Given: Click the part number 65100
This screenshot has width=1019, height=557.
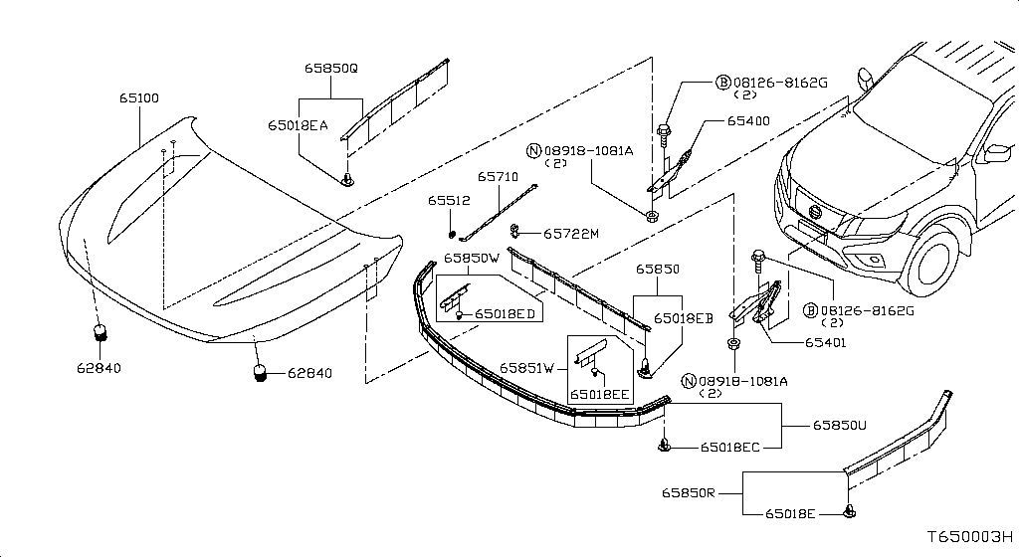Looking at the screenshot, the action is tap(139, 98).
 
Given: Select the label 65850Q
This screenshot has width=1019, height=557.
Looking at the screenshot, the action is tap(331, 69).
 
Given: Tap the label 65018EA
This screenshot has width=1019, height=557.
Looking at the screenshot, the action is tap(298, 125).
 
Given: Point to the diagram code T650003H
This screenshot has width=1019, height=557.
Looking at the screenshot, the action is tap(969, 537).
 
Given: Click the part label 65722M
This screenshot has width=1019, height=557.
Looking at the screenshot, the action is tap(571, 234).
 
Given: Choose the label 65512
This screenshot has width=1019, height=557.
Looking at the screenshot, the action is tap(449, 201).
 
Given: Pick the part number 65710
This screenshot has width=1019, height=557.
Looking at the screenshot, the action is tap(498, 177).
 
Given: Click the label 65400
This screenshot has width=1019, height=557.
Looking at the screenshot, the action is tap(748, 120).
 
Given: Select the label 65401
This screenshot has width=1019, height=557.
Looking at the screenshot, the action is tap(825, 343).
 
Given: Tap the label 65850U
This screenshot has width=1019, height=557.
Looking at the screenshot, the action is tap(839, 426).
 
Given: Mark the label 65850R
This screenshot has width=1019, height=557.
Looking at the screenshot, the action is tap(689, 492).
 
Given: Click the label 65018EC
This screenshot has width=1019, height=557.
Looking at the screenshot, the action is tap(729, 448).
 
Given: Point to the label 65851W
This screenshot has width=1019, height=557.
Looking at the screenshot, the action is tap(526, 368).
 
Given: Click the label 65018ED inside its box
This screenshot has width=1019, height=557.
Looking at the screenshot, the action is tap(505, 314).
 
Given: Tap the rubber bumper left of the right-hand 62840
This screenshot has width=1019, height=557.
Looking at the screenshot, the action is tap(260, 373).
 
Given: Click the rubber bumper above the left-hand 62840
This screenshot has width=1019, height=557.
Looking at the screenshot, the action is tap(100, 333).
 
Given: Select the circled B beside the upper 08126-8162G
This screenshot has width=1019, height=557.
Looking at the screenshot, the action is tap(723, 83).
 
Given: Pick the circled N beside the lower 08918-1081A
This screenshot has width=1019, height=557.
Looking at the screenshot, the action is tap(689, 381).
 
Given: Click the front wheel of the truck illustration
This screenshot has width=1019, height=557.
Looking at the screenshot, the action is tap(931, 260).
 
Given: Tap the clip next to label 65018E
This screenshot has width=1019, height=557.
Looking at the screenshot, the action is tap(849, 512).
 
